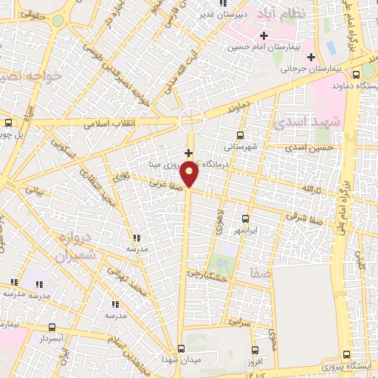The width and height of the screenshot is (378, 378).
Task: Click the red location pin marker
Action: coord(190,174)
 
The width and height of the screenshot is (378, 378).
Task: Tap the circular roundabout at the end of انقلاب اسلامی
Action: coord(191,118)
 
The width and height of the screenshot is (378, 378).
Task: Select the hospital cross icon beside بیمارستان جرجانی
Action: coord(311,57)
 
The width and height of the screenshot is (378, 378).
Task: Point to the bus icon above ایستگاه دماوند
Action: coord(357,74)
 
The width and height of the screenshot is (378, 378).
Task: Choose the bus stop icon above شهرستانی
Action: coord(240,135)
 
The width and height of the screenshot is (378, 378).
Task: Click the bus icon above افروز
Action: coord(255,350)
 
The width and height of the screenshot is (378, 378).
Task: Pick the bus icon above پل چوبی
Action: coord(8,123)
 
